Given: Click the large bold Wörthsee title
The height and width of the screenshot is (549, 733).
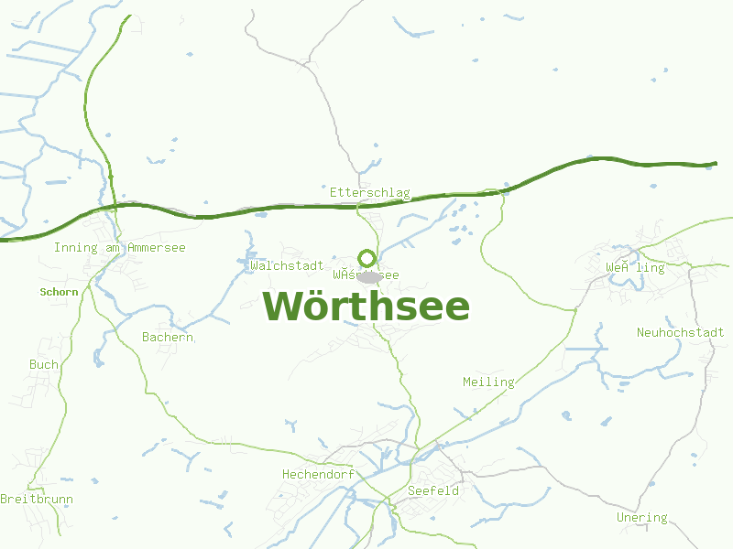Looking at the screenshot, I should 366,307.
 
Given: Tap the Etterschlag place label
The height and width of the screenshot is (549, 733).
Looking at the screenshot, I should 369,193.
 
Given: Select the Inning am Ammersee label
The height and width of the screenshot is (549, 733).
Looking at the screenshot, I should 119,248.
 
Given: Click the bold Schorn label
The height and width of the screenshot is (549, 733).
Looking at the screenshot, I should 60,293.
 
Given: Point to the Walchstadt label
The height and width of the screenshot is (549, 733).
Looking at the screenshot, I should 286,266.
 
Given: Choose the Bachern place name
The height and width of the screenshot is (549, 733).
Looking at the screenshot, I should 168,338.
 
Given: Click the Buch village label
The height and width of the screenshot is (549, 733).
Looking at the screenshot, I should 43,364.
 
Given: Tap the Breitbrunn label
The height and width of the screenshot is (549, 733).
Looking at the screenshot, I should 37,500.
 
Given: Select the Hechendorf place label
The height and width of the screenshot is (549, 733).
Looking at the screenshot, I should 317,475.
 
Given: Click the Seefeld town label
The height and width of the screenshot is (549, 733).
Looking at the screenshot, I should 432,491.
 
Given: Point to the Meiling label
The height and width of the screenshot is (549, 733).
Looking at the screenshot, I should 488,382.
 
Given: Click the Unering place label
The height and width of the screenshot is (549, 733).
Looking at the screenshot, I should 641,518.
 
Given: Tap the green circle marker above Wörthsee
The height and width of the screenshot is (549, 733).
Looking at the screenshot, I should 366,258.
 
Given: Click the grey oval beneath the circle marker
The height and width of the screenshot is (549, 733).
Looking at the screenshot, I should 369,276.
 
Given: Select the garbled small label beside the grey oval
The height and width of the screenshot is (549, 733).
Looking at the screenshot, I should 366,274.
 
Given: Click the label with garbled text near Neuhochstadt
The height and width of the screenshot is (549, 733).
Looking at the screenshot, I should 635,268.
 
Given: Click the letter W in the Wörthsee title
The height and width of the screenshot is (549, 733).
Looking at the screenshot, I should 285,307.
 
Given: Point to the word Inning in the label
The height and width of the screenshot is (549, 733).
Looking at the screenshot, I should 73,248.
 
